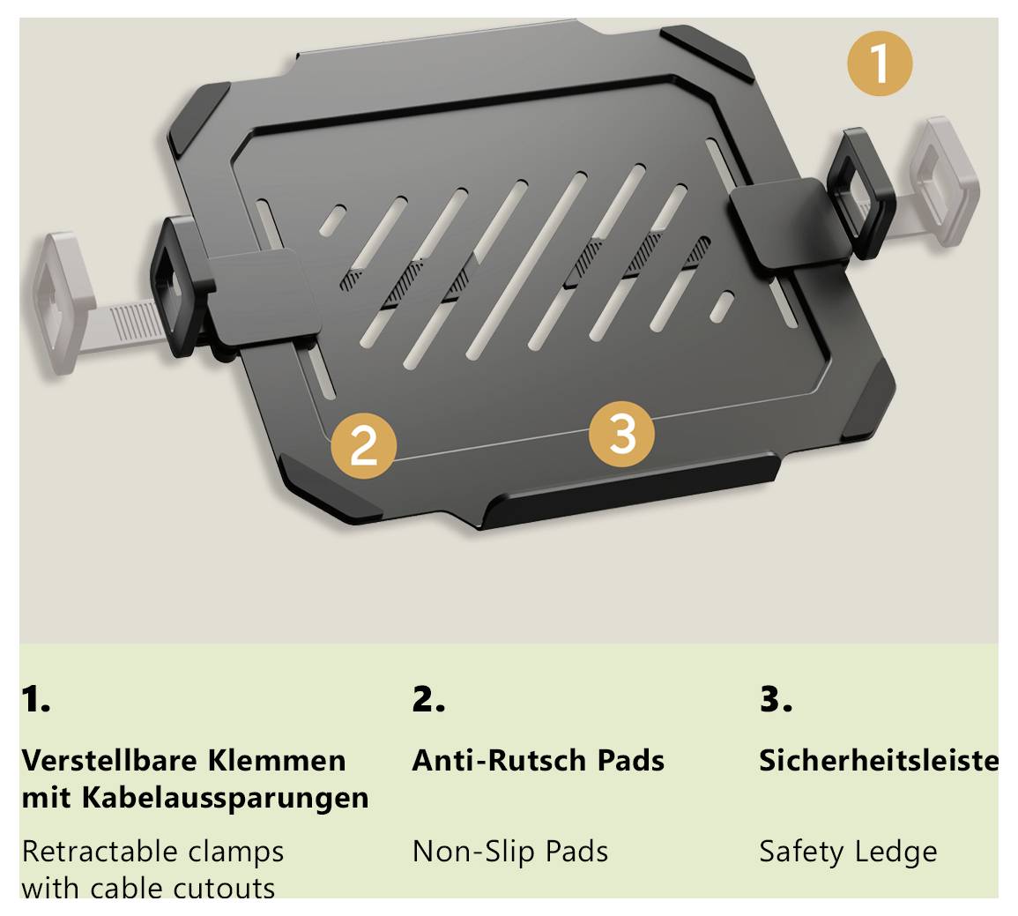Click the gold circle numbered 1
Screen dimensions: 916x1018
[880, 63]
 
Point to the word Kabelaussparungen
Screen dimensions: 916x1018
[226, 798]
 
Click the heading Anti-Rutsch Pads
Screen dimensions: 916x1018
[538, 760]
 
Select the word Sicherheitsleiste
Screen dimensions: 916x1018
[879, 760]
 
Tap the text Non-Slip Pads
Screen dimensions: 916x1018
[510, 852]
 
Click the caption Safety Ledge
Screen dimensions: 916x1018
[848, 852]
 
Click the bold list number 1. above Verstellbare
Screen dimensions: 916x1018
[35, 700]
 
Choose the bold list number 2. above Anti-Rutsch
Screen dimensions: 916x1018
[428, 700]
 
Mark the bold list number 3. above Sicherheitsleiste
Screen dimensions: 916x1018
[776, 700]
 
